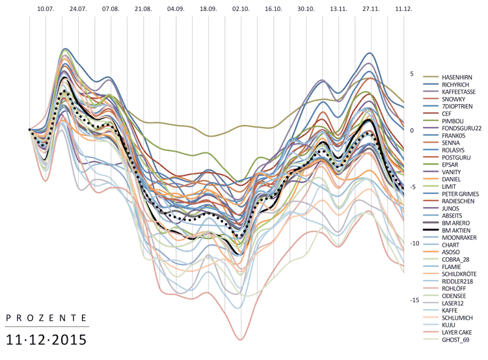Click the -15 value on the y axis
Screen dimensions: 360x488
tap(414, 300)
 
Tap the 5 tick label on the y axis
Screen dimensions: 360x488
tap(412, 74)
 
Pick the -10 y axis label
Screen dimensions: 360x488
tap(414, 243)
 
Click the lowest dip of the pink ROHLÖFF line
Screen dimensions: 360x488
tap(240, 339)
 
